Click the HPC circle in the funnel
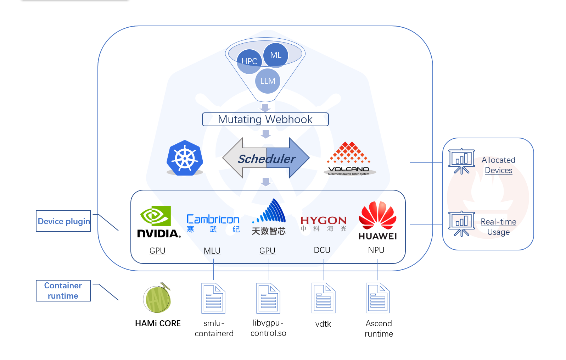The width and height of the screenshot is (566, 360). tap(249, 61)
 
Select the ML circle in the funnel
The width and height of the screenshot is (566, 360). tap(276, 55)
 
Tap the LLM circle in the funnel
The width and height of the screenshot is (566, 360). tap(268, 81)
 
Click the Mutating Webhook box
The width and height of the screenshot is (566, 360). tap(265, 120)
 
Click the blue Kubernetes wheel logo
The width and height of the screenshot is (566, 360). tap(185, 158)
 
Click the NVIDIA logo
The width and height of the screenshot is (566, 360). tap(158, 222)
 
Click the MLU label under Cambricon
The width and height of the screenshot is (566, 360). tap(212, 251)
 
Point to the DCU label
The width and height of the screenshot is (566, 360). tap(322, 250)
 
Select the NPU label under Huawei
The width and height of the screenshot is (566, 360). tap(376, 250)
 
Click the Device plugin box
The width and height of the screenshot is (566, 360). tap(63, 221)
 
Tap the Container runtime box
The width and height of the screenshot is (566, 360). tap(63, 291)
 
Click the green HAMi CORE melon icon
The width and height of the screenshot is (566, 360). tap(157, 299)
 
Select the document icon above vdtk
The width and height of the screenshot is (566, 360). tap(323, 298)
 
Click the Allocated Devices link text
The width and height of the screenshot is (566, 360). tap(498, 165)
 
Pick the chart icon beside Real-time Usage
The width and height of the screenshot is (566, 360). tap(461, 223)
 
